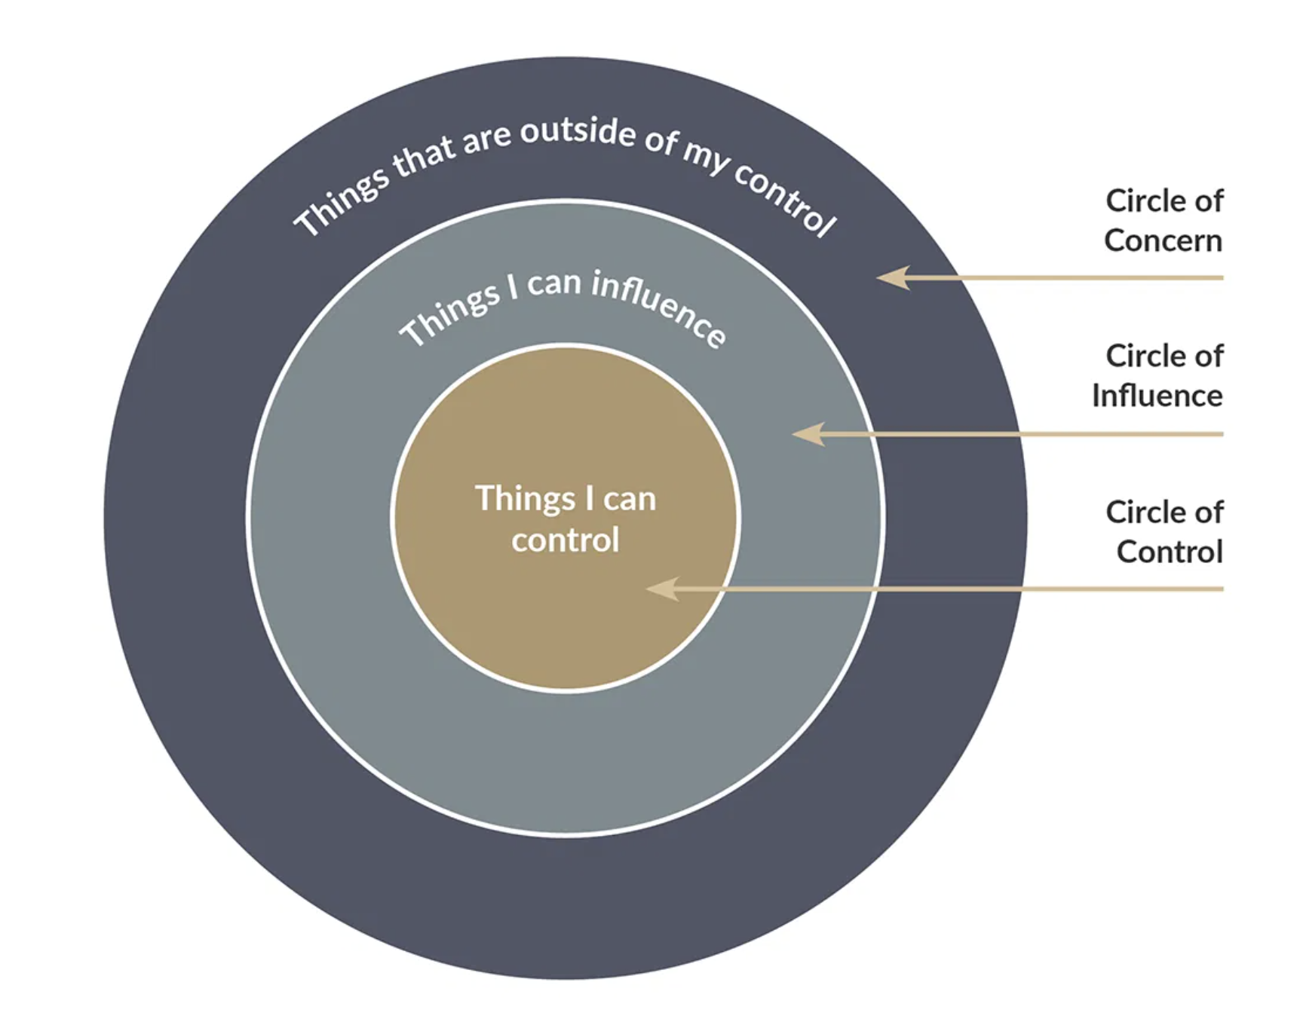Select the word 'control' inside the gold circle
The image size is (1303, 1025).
[566, 540]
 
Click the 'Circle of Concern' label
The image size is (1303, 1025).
[1164, 221]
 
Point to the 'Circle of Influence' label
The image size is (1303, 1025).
[1157, 375]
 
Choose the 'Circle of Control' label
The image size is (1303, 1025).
[1165, 531]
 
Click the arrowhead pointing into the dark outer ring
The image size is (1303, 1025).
[894, 277]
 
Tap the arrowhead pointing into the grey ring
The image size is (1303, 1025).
[809, 433]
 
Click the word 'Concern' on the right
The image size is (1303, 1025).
[1163, 241]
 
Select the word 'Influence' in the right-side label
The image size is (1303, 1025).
[1157, 396]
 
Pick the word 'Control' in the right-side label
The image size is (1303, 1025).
[1170, 552]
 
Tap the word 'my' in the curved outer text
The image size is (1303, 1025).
[706, 158]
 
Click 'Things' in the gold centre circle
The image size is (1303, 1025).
[525, 499]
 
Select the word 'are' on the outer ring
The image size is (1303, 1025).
[486, 139]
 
